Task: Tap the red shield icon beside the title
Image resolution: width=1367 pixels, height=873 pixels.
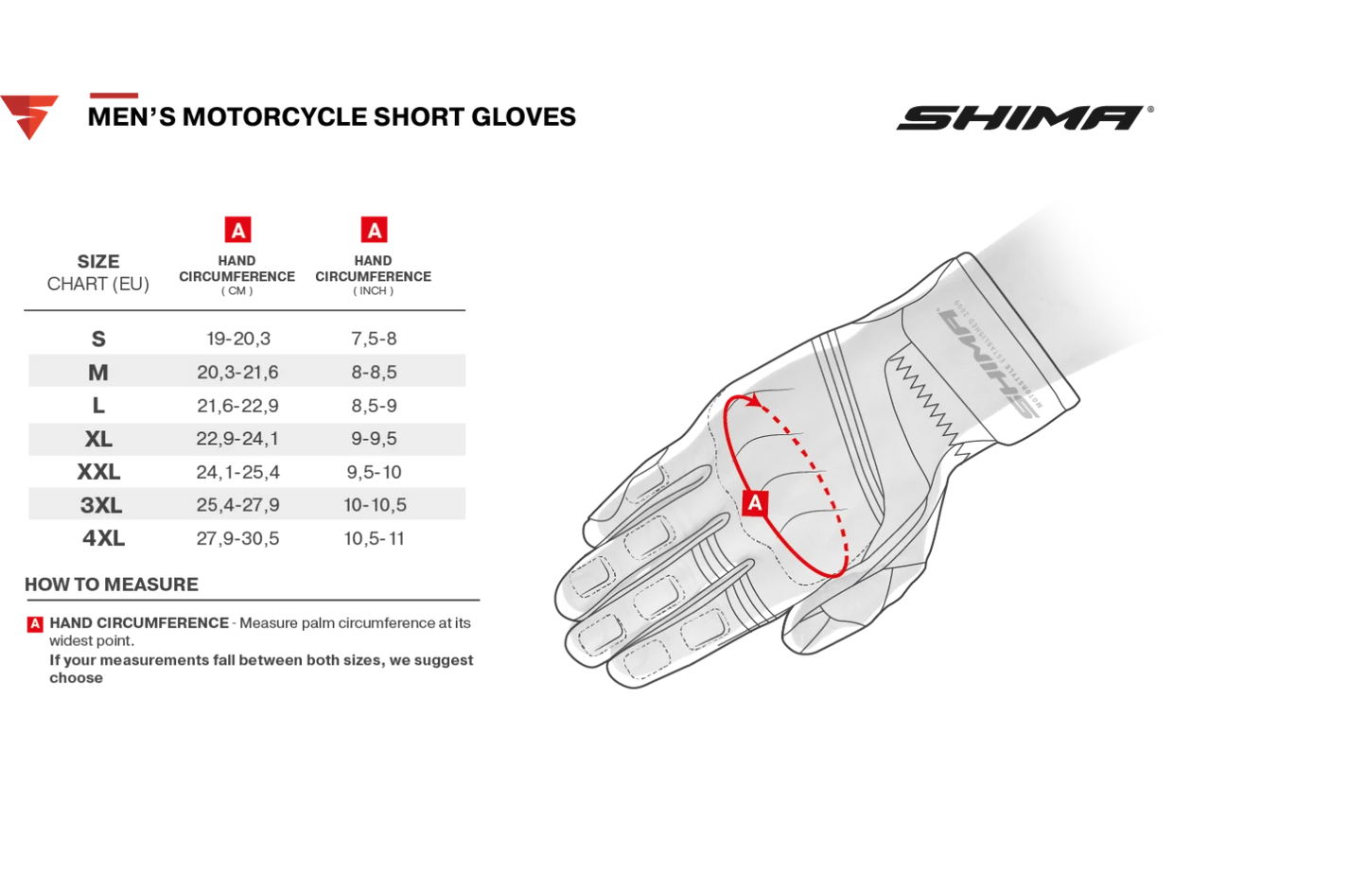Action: click(x=29, y=117)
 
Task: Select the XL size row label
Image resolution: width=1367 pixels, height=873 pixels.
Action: click(x=98, y=439)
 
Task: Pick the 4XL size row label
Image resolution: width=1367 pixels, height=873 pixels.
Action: click(x=103, y=538)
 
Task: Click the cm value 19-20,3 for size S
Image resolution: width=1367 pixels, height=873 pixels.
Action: click(x=238, y=339)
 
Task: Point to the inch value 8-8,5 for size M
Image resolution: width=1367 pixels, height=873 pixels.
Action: click(x=374, y=372)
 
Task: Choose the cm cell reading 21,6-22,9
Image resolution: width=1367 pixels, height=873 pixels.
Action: click(x=237, y=406)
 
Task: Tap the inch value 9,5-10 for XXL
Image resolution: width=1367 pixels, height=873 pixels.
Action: click(x=374, y=472)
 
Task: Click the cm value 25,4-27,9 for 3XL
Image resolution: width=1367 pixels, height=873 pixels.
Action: click(x=237, y=504)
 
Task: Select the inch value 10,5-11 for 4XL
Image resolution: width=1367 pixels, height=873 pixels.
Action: click(x=374, y=538)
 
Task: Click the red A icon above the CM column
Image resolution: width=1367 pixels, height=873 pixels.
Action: click(x=238, y=230)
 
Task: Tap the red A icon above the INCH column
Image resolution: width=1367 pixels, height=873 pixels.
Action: click(x=374, y=230)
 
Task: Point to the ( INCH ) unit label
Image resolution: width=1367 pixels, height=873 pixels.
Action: click(x=373, y=291)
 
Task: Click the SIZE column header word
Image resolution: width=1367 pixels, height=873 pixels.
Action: click(x=98, y=262)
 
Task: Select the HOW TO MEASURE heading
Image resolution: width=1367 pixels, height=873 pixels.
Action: click(x=111, y=585)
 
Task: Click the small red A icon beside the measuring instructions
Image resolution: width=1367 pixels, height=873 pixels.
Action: click(x=35, y=624)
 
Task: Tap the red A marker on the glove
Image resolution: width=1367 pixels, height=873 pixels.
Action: click(x=755, y=503)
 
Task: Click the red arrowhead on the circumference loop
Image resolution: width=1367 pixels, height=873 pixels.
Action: click(x=756, y=401)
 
